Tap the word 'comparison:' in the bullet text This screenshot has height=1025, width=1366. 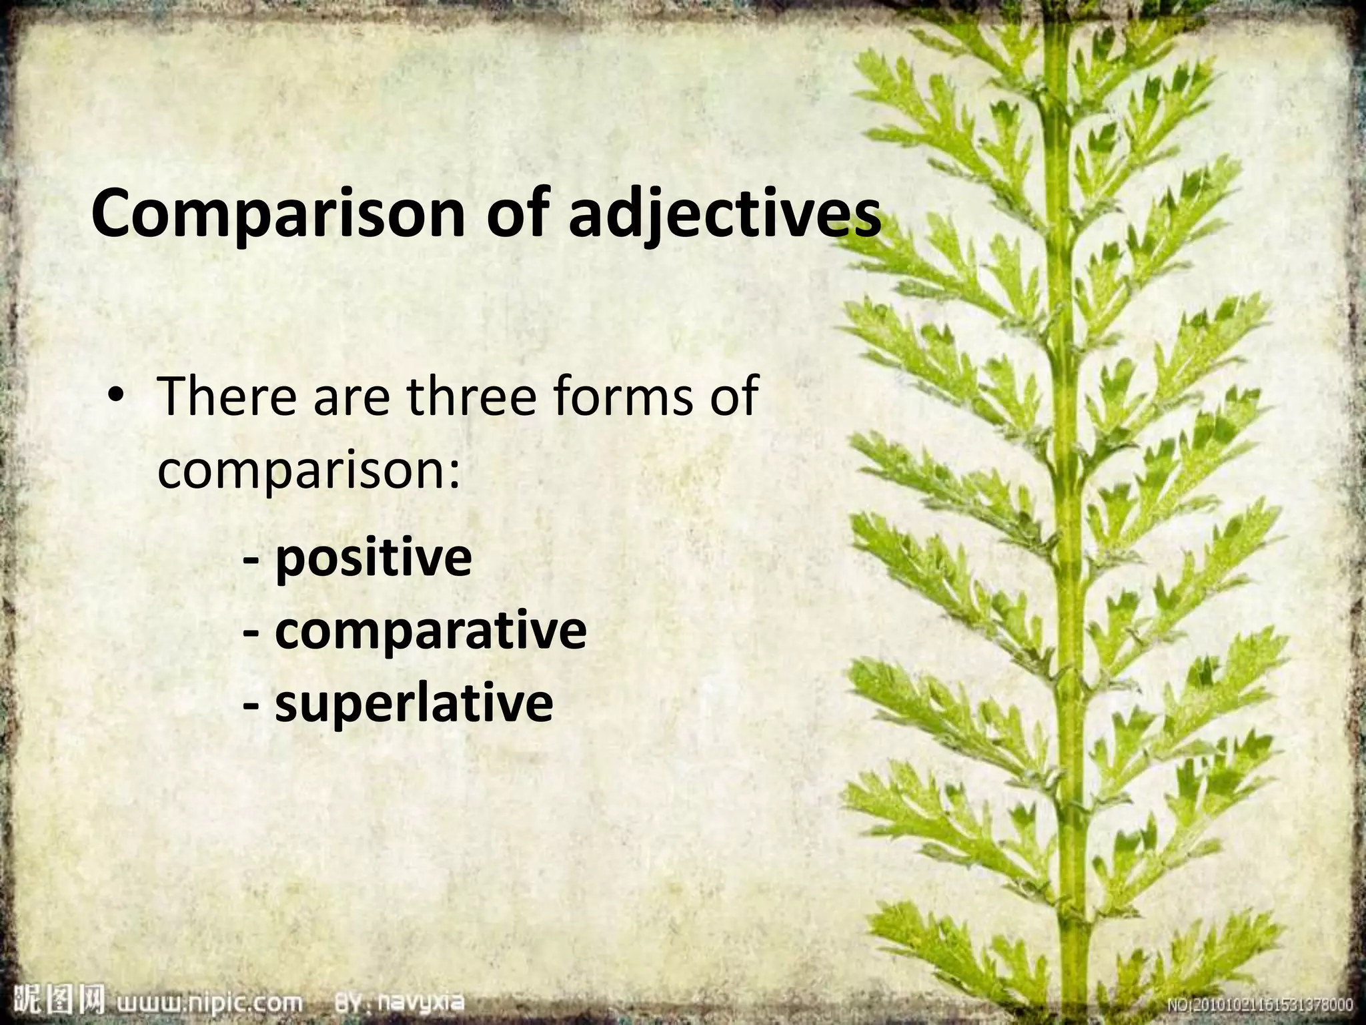pyautogui.click(x=309, y=471)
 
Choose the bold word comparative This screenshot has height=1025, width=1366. pyautogui.click(x=430, y=632)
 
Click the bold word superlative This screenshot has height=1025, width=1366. pyautogui.click(x=414, y=703)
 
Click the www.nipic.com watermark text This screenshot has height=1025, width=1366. pyautogui.click(x=209, y=1003)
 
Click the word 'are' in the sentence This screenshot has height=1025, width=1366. pyautogui.click(x=352, y=398)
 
